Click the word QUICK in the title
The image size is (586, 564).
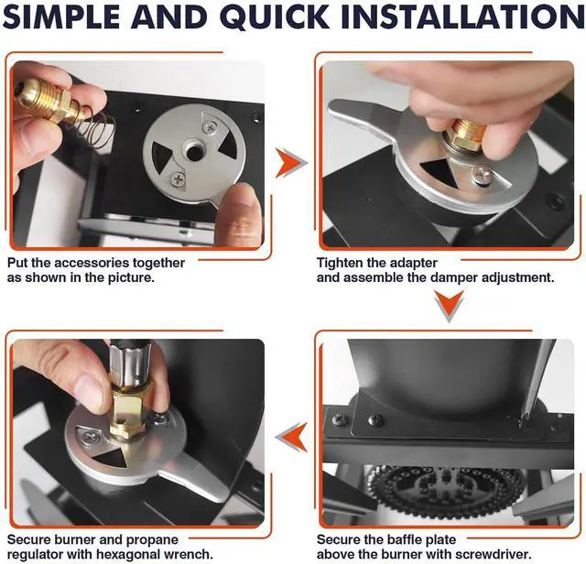coord(277,16)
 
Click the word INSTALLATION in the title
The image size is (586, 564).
coord(463,16)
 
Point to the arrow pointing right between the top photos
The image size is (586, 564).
coord(291,163)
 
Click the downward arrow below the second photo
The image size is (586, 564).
coord(450,306)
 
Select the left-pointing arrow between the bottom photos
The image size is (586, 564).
coord(291,438)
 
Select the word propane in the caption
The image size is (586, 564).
coord(153,540)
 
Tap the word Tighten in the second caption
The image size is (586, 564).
coord(340,263)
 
